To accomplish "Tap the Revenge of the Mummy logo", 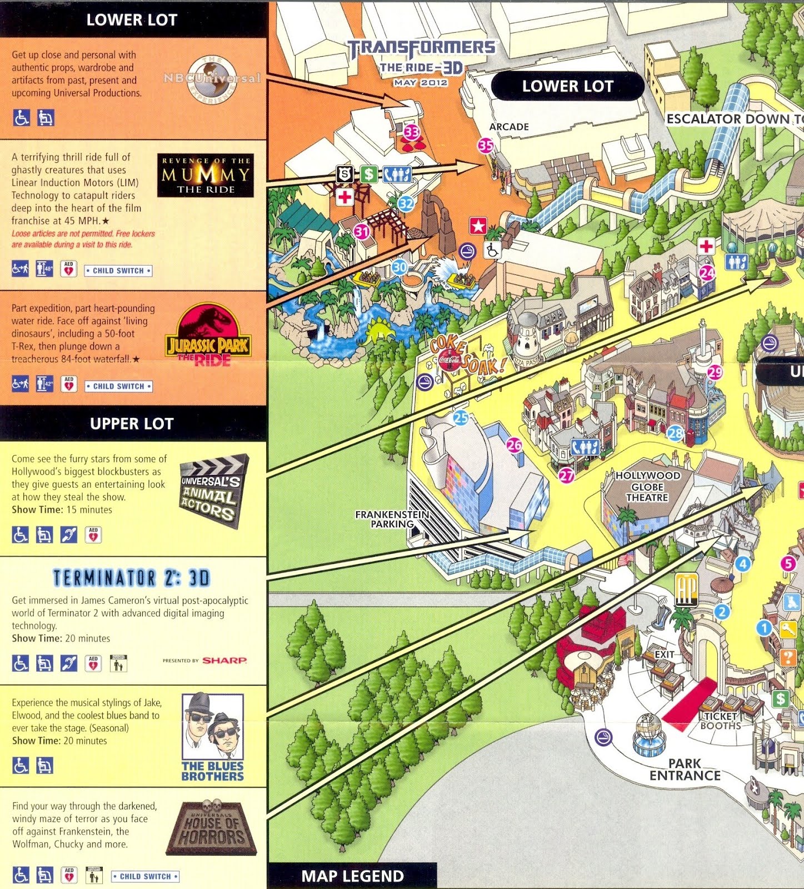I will pos(205,175).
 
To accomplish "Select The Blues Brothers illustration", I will pos(212,736).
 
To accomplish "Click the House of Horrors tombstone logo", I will pos(212,828).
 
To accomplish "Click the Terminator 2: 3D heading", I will pos(132,578).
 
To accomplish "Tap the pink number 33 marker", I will pos(412,132).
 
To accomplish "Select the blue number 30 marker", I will pos(399,267).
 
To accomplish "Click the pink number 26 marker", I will pos(515,444).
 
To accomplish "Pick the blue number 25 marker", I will pos(461,418).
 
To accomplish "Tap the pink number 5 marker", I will pos(788,563).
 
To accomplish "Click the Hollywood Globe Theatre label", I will pos(647,486).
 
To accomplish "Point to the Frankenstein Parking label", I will pos(392,519).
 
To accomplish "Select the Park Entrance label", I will pos(685,770).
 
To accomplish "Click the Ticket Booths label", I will pos(721,721).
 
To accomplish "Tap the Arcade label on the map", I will pos(509,127).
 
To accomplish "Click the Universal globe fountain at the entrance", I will pos(648,735).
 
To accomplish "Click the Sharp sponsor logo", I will pos(224,660).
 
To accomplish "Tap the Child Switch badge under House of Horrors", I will pos(146,876).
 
